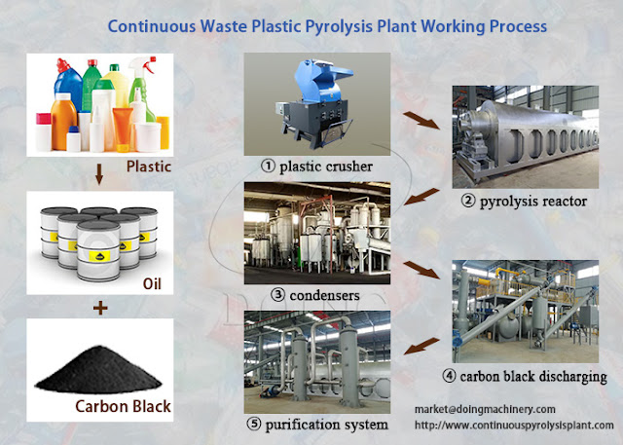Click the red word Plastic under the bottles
point(149,165)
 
